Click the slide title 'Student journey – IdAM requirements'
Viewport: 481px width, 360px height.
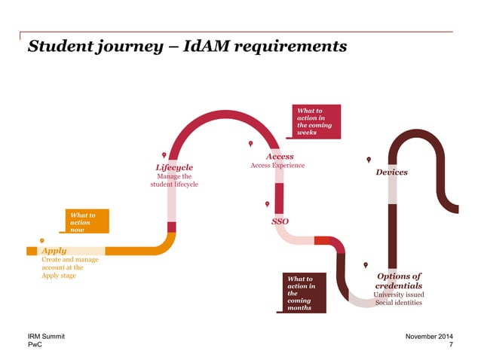pyautogui.click(x=187, y=47)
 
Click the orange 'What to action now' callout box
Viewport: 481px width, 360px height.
pyautogui.click(x=87, y=222)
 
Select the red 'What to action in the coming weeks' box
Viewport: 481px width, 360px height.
pyautogui.click(x=316, y=121)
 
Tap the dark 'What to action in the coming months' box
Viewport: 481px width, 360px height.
pyautogui.click(x=305, y=293)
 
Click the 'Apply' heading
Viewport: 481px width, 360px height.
pyautogui.click(x=54, y=250)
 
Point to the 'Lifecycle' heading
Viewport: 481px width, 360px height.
pyautogui.click(x=174, y=167)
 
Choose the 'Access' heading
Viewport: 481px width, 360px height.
pyautogui.click(x=280, y=157)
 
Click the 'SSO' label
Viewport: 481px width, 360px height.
pyautogui.click(x=280, y=222)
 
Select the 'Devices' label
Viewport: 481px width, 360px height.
pyautogui.click(x=391, y=172)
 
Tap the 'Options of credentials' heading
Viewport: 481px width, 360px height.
pyautogui.click(x=398, y=281)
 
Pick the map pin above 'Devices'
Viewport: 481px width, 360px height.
pyautogui.click(x=369, y=160)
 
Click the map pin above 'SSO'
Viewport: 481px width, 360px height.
pyautogui.click(x=267, y=204)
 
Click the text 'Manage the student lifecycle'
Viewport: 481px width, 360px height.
pyautogui.click(x=174, y=181)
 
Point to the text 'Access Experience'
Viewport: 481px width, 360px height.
pyautogui.click(x=277, y=166)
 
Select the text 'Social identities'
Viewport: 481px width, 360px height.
pyautogui.click(x=398, y=303)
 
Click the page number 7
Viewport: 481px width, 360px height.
pyautogui.click(x=451, y=345)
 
